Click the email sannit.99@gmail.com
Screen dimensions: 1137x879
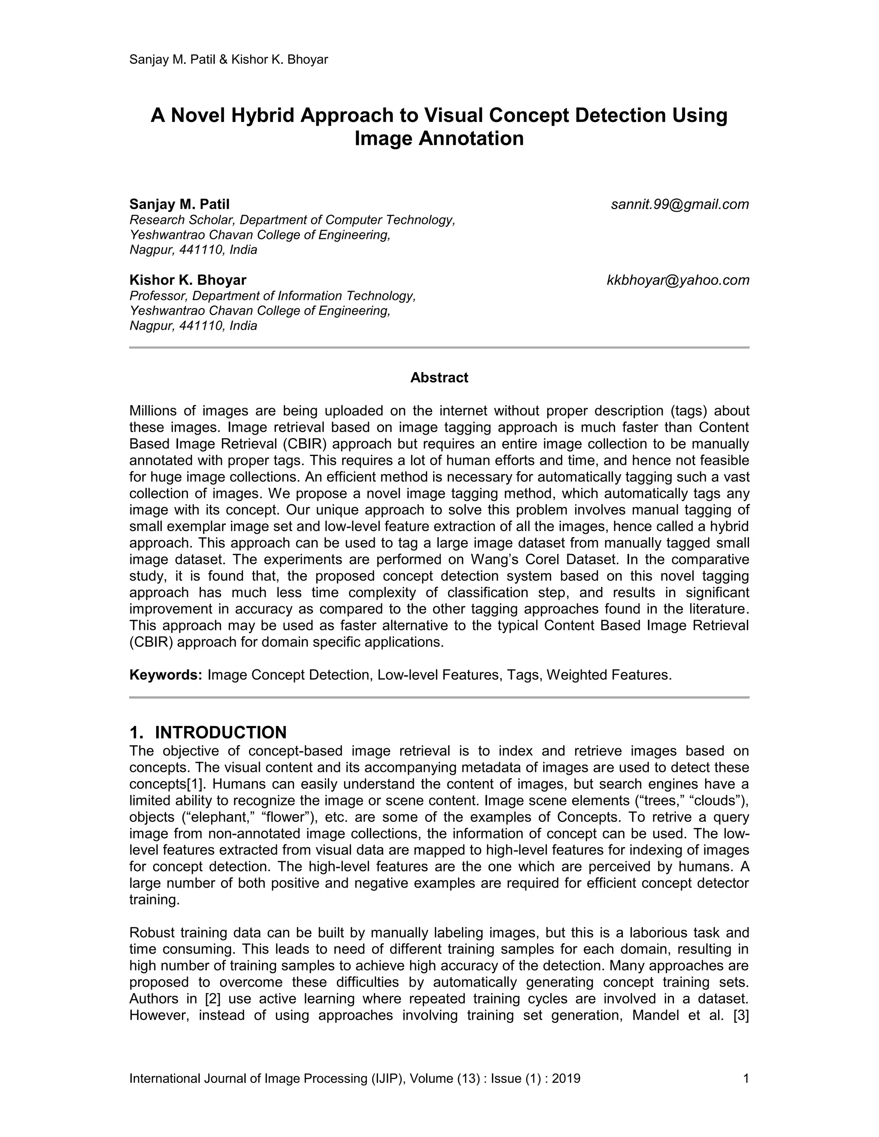(x=679, y=205)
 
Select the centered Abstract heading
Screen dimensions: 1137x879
(x=439, y=378)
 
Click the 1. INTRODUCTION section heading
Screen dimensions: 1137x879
(x=208, y=732)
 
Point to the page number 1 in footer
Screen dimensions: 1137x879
(x=746, y=1078)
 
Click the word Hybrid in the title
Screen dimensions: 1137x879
(x=263, y=115)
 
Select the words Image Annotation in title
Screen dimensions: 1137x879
(x=439, y=139)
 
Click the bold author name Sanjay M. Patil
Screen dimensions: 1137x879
(x=179, y=205)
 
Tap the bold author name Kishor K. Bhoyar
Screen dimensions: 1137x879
(x=188, y=281)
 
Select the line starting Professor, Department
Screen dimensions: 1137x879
(x=273, y=296)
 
